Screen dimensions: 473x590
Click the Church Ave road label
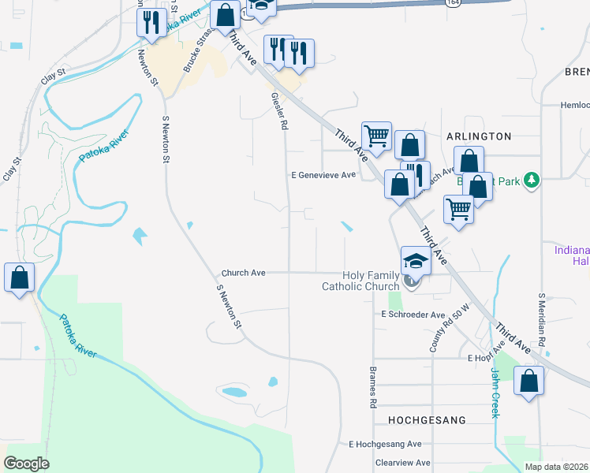coord(243,273)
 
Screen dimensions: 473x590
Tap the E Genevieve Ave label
coord(323,175)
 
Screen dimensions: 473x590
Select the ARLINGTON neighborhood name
coord(479,136)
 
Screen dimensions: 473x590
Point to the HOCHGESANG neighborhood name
coord(427,420)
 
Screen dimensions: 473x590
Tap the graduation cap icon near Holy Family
coord(416,259)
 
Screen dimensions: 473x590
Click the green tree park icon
coord(532,181)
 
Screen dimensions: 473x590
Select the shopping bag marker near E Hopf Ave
coord(528,382)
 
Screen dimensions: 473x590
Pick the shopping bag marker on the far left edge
coord(19,278)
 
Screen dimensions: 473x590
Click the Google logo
coord(26,464)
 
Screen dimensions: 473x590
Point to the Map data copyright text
coord(557,467)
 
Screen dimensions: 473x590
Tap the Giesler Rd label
coord(278,110)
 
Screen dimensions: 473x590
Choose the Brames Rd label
coord(372,386)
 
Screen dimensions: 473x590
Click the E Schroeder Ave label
coord(413,314)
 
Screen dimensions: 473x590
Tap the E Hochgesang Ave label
coord(386,445)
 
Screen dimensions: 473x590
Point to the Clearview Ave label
coord(402,463)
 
